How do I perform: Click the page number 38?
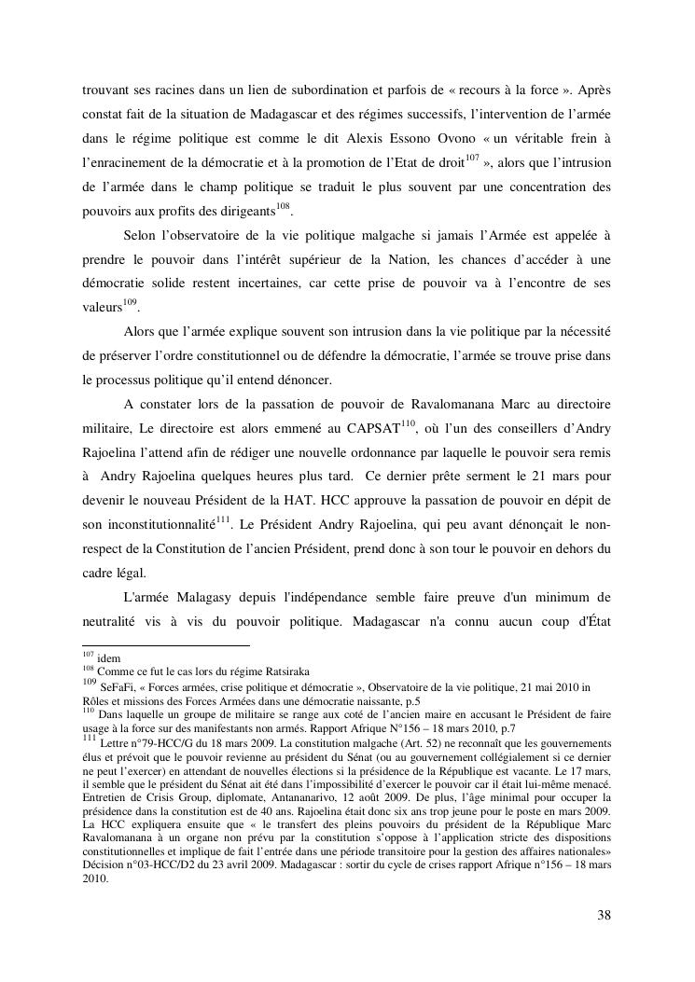pyautogui.click(x=604, y=915)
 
